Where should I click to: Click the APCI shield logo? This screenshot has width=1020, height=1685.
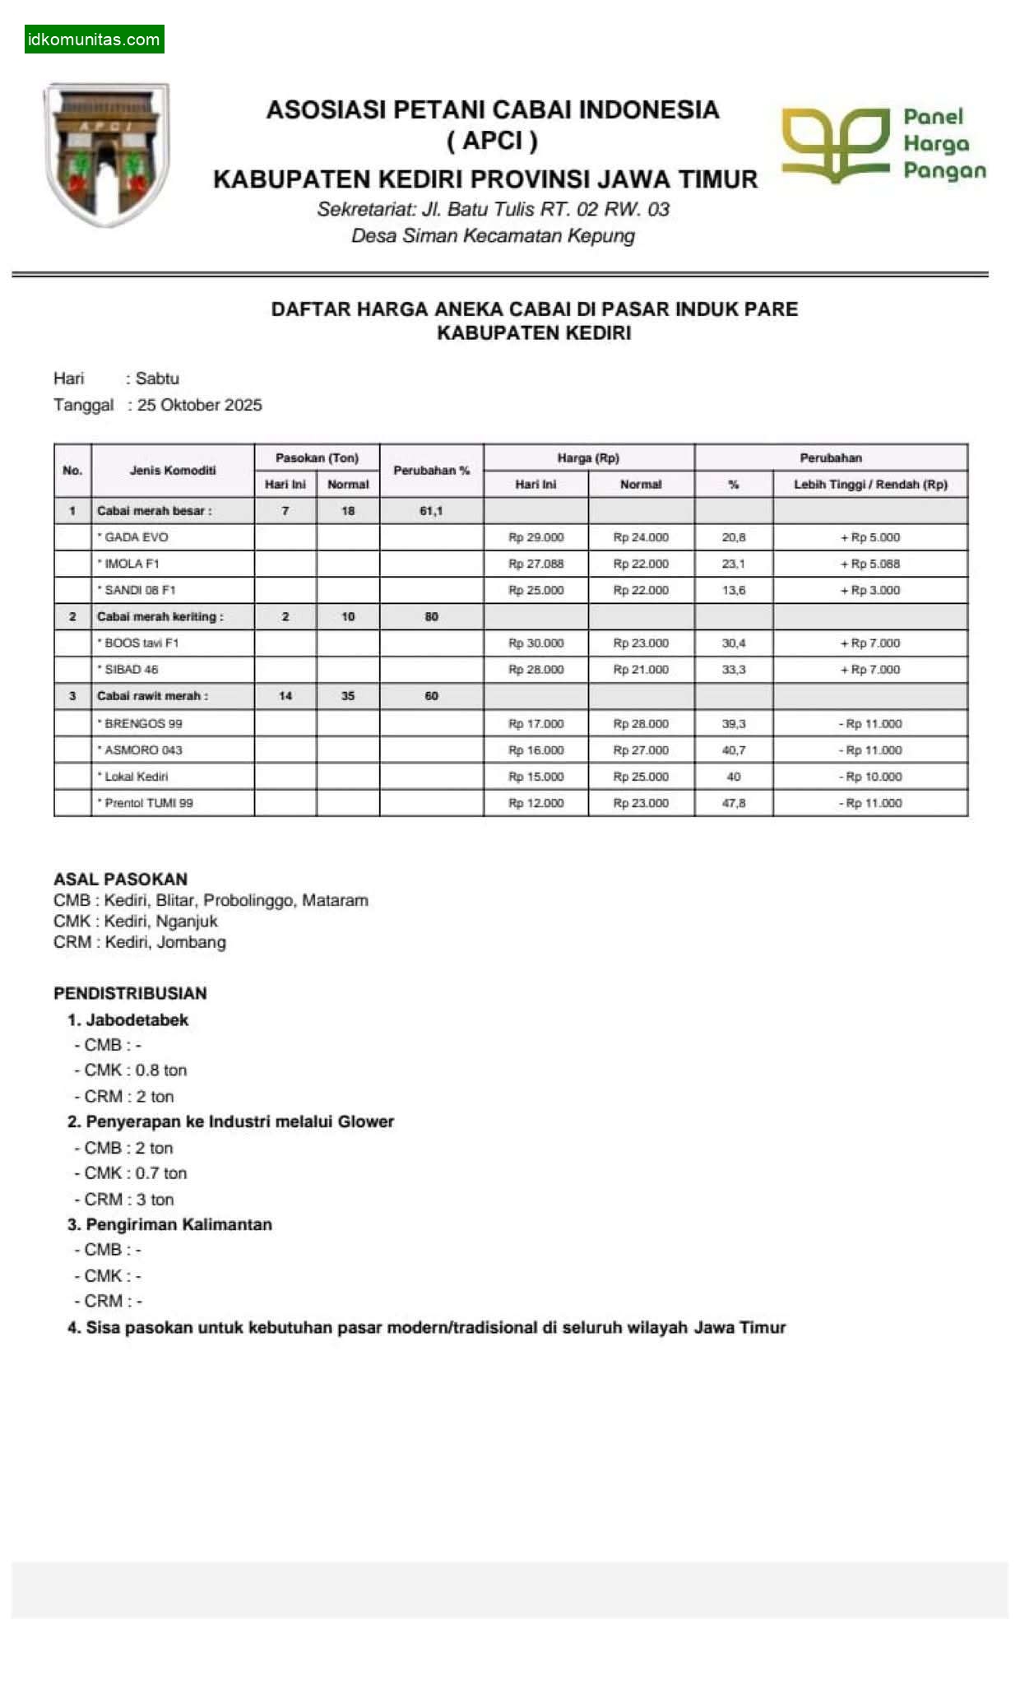tap(107, 154)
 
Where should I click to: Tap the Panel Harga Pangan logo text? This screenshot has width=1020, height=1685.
tap(943, 144)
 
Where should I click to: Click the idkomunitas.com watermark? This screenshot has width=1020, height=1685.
tap(94, 39)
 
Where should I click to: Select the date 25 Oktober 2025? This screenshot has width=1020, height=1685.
tap(199, 405)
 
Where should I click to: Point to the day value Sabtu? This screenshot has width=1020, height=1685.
tap(157, 378)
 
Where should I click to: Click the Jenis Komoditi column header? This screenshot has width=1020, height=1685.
tap(173, 471)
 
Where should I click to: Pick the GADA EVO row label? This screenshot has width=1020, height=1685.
tap(136, 537)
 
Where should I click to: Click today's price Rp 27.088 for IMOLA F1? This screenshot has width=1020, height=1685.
tap(535, 564)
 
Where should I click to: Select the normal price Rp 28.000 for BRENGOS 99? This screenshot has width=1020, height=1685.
tap(641, 724)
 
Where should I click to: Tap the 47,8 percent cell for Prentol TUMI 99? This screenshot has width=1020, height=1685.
tap(734, 803)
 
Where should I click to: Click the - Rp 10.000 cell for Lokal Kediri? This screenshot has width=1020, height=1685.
tap(870, 777)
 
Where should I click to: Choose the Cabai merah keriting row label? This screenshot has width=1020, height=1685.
tap(160, 616)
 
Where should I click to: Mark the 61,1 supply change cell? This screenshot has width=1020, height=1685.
tap(431, 511)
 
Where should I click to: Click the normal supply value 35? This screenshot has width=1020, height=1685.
tap(348, 696)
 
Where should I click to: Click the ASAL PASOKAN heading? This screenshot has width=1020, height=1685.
tap(120, 879)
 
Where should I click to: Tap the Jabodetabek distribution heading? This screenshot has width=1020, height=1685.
tap(137, 1020)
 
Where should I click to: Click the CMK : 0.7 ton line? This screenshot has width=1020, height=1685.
tap(135, 1173)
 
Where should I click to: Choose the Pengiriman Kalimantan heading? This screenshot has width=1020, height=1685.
tap(178, 1224)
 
